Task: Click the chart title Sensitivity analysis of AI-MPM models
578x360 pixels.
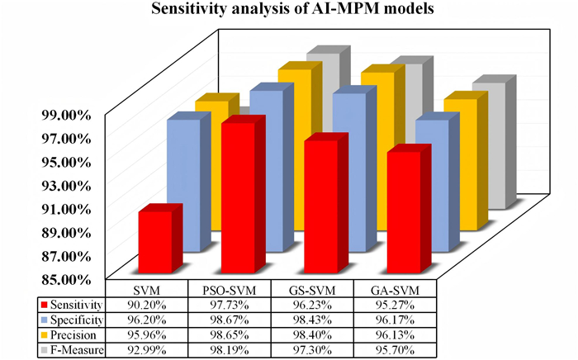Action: coord(289,12)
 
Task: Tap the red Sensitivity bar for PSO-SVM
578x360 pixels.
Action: coord(237,198)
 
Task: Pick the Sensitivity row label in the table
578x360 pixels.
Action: coord(78,305)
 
